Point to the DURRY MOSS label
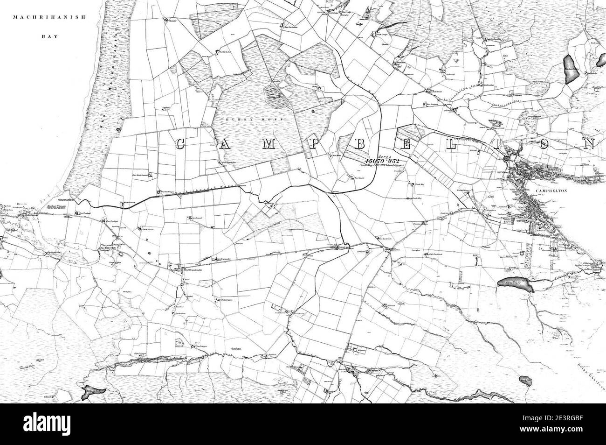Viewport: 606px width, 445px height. tap(254, 120)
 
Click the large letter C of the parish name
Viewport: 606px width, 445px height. tap(182, 145)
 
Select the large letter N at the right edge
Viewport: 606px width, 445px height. tap(590, 143)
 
